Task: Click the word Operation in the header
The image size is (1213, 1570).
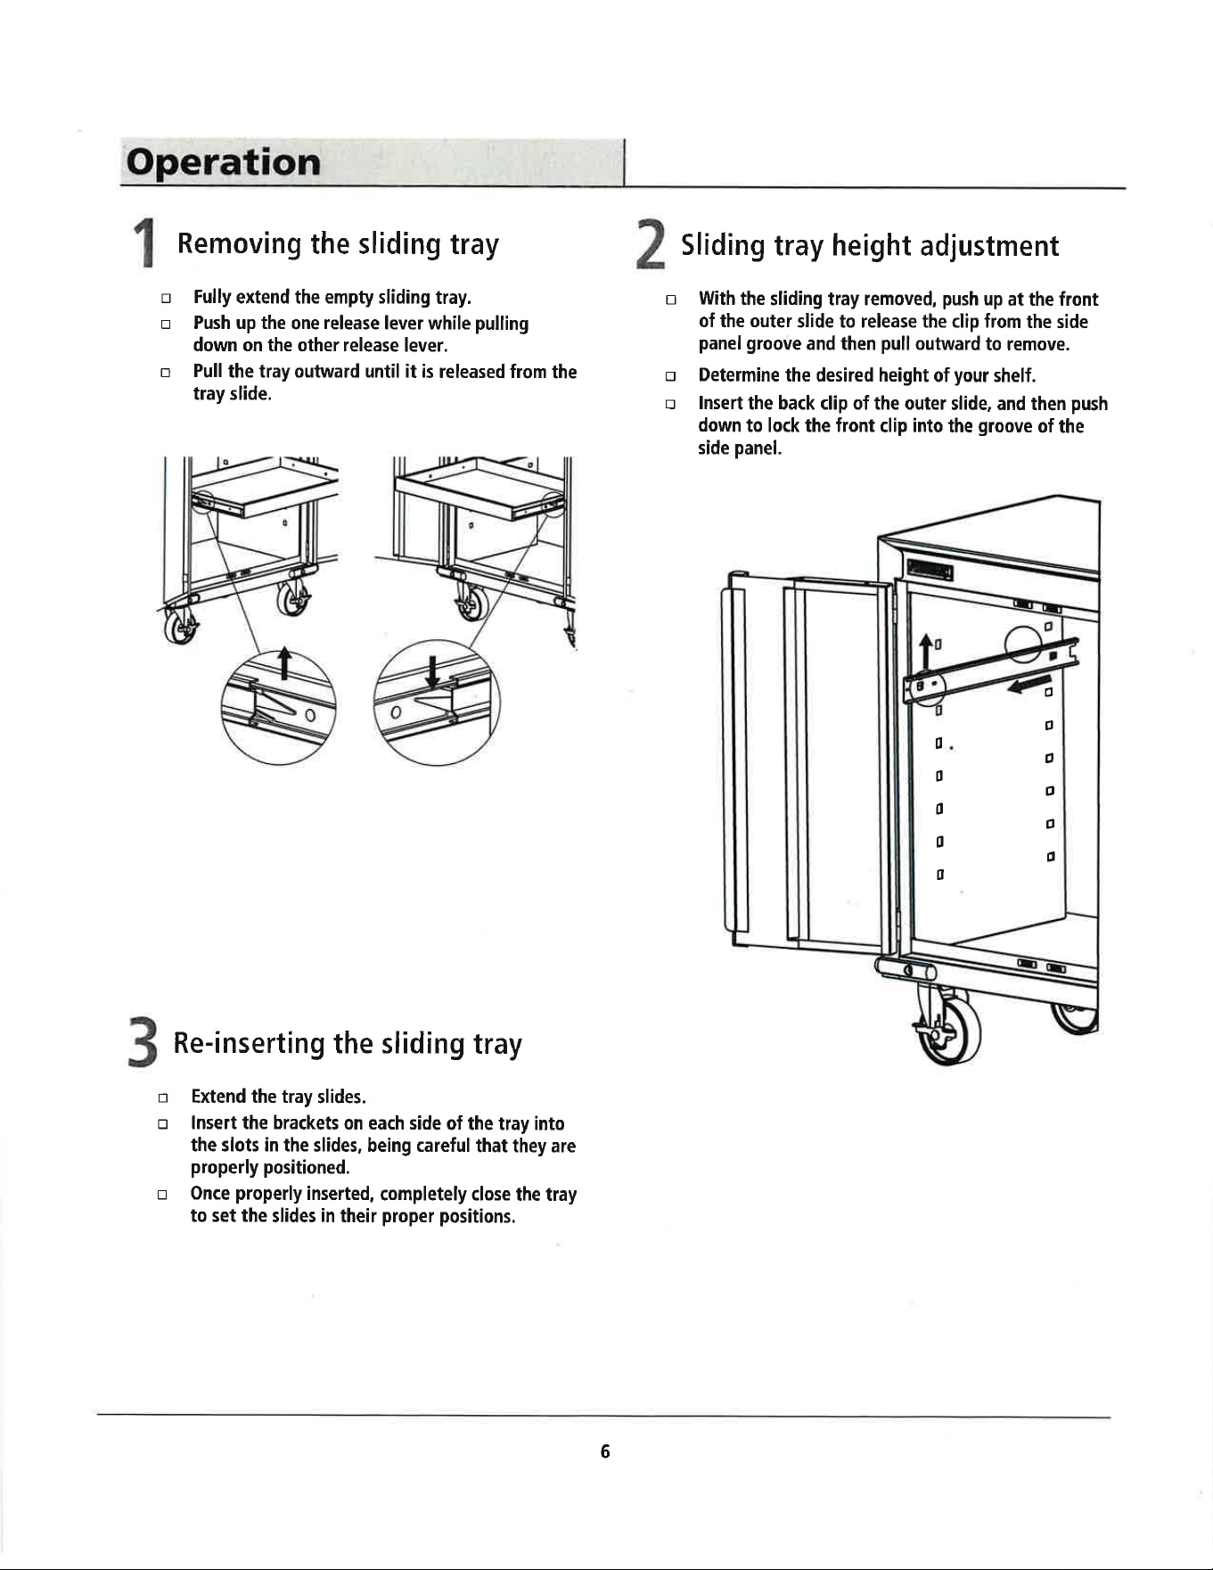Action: [223, 162]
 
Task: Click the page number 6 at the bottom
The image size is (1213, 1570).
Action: [605, 1452]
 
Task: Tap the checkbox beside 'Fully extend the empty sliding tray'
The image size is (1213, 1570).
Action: [165, 298]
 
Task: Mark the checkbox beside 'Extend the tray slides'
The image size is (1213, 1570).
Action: [162, 1097]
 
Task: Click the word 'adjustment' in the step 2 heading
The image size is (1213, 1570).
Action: [989, 246]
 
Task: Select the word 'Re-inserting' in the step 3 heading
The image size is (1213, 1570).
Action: [249, 1043]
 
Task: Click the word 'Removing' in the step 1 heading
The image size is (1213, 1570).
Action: [239, 243]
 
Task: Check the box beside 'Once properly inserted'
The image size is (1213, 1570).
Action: [162, 1196]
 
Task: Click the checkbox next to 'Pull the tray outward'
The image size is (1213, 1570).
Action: [165, 373]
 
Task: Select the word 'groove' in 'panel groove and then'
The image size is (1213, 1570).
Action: [775, 344]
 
